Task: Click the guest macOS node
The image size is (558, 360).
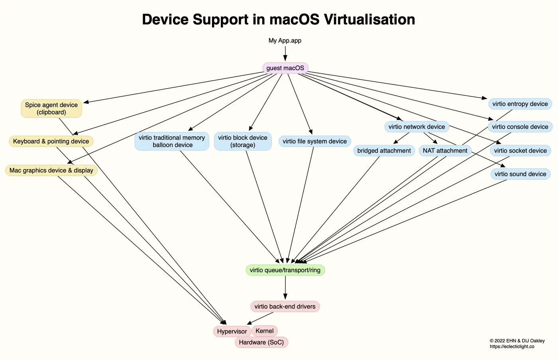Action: click(285, 68)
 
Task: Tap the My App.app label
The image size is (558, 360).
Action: click(285, 41)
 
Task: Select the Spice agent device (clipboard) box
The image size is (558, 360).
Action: click(51, 108)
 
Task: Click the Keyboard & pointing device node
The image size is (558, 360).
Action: click(51, 142)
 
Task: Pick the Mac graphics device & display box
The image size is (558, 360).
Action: click(51, 171)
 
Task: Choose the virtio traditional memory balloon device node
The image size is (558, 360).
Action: click(172, 142)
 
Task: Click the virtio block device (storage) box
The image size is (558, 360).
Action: click(242, 142)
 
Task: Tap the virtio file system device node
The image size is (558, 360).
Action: click(314, 142)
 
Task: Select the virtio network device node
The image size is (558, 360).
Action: click(417, 127)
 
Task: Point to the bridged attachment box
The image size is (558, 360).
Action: click(384, 151)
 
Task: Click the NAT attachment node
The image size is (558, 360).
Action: click(445, 151)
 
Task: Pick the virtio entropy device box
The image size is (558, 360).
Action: click(520, 104)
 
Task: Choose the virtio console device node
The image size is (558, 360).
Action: click(520, 127)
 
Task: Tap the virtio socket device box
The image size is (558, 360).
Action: click(520, 151)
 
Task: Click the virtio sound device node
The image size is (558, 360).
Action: click(520, 174)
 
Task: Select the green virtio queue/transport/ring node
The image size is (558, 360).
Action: click(285, 270)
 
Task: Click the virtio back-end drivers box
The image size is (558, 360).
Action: click(285, 307)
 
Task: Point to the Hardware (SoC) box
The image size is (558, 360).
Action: click(261, 342)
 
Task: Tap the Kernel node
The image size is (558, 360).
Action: click(264, 331)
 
